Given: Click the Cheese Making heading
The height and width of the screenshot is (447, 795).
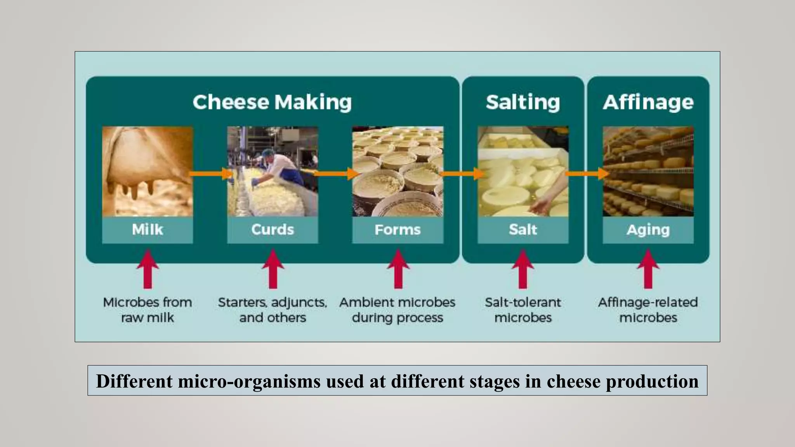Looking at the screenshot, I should [272, 102].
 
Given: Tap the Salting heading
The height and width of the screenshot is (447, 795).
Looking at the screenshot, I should [523, 102].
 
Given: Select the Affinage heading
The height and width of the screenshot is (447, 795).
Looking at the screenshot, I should [648, 102].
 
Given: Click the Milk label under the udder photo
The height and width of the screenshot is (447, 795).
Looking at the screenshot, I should [148, 230].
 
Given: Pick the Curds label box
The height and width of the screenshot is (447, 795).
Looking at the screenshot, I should [273, 230].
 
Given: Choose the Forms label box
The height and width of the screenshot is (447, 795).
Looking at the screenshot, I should [397, 230].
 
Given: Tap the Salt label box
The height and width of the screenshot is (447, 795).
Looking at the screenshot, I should [523, 230].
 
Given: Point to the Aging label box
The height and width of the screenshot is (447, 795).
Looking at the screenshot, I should [648, 230].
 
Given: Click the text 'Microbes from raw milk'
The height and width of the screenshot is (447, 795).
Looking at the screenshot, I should [148, 310].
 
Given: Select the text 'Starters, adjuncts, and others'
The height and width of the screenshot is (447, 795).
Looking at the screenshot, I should [273, 310].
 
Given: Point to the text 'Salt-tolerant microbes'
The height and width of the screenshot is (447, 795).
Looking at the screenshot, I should [523, 310].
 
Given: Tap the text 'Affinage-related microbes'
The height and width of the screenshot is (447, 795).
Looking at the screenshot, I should [648, 310].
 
